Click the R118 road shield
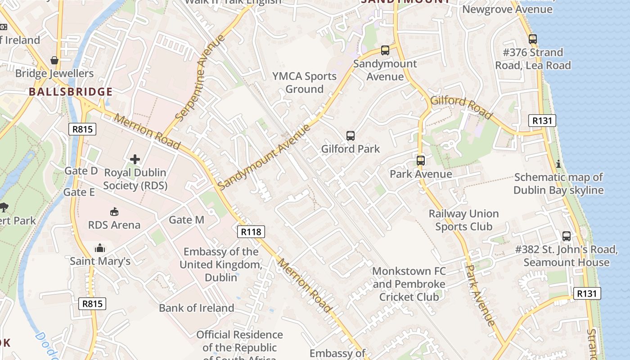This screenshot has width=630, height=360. click(251, 232)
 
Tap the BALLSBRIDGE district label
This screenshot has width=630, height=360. click(71, 92)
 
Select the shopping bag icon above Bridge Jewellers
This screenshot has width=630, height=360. click(54, 60)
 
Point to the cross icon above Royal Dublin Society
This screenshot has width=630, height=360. click(135, 159)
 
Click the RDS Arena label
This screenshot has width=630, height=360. click(114, 225)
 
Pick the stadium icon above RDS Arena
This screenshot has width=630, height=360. click(114, 211)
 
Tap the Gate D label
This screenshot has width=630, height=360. click(81, 171)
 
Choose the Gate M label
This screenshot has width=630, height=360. click(186, 220)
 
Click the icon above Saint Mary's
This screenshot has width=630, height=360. click(100, 248)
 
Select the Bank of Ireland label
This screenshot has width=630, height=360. click(196, 308)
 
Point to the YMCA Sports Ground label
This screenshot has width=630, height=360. click(305, 83)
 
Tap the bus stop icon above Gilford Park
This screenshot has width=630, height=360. click(351, 135)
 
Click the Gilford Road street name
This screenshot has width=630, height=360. click(461, 107)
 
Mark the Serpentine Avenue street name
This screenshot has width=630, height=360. click(200, 78)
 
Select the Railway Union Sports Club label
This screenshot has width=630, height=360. click(463, 220)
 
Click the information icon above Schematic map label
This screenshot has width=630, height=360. click(558, 164)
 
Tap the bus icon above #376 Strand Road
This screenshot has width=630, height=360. click(533, 39)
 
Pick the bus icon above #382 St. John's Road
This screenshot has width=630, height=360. click(567, 236)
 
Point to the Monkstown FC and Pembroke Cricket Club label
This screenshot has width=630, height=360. click(409, 284)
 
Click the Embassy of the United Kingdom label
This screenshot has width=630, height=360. click(221, 265)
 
